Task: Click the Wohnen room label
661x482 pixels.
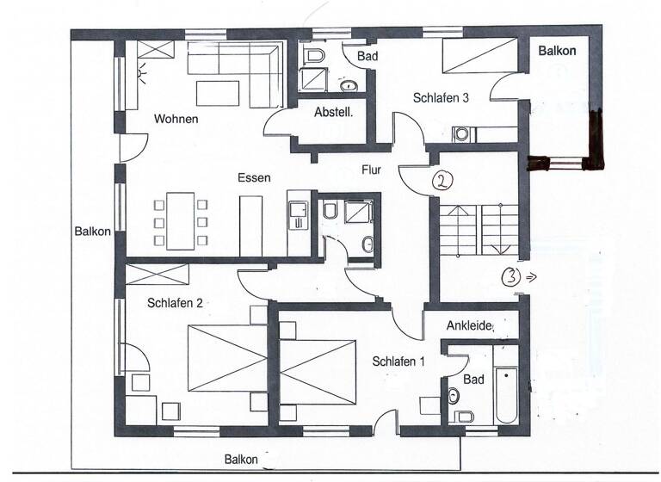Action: pos(176,119)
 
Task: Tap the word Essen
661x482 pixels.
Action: pos(255,178)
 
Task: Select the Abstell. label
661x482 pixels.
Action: pos(333,113)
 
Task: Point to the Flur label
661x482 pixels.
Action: pos(371,170)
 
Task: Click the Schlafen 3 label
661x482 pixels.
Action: pos(440,98)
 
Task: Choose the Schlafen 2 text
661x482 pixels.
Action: pos(175,303)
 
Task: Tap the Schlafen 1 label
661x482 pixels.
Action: pos(398,361)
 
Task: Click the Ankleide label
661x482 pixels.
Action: pos(469,326)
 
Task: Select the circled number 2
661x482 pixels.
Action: pos(441,180)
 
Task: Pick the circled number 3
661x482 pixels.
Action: pos(510,277)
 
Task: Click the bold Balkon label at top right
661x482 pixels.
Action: pos(557,51)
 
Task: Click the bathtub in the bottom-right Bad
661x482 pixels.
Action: pos(505,395)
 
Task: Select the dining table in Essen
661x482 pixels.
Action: pos(181,220)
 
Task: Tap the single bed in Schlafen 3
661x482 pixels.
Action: pos(479,59)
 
